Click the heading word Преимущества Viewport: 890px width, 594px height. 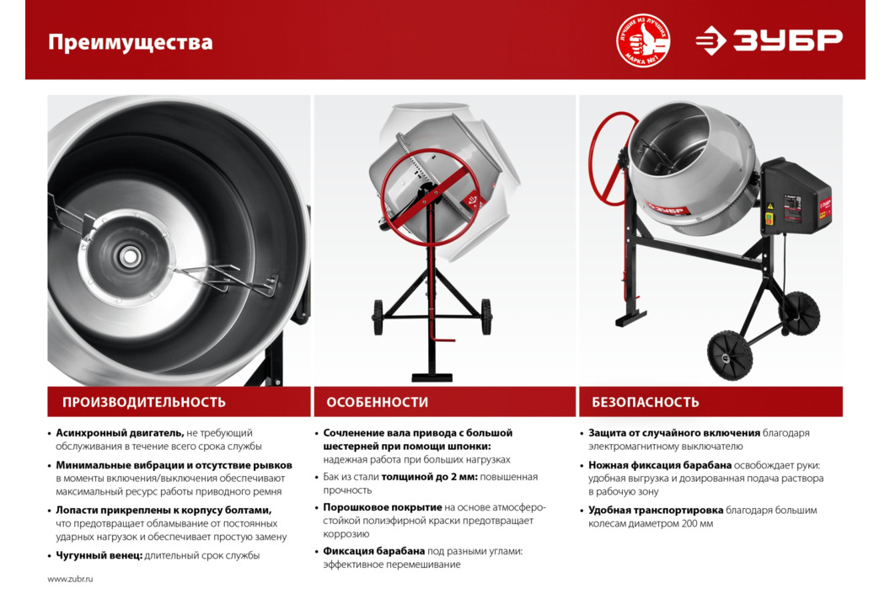(131, 43)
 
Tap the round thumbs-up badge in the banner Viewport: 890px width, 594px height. (643, 40)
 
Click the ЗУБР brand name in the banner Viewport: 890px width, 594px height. (787, 40)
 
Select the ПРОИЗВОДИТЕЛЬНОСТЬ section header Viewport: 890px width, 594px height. (144, 402)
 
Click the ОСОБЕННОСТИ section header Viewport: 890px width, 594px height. (378, 402)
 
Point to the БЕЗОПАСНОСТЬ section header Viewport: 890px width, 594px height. (646, 402)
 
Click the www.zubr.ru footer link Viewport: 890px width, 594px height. (71, 579)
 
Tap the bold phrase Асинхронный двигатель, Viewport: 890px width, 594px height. (120, 433)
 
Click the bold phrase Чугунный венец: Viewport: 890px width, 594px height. (99, 555)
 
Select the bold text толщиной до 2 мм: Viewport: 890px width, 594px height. (430, 477)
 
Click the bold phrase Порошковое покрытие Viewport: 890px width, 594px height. (383, 507)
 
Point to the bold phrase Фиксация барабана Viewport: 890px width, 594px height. (374, 551)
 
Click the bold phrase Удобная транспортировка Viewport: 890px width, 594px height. (656, 510)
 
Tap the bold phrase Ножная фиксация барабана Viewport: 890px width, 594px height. (660, 465)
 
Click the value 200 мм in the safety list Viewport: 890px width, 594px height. (697, 524)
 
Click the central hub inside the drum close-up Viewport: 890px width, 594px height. (130, 256)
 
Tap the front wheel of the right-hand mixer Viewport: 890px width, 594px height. (730, 356)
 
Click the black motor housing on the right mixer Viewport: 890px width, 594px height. (795, 197)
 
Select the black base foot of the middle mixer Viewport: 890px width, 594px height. (432, 377)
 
